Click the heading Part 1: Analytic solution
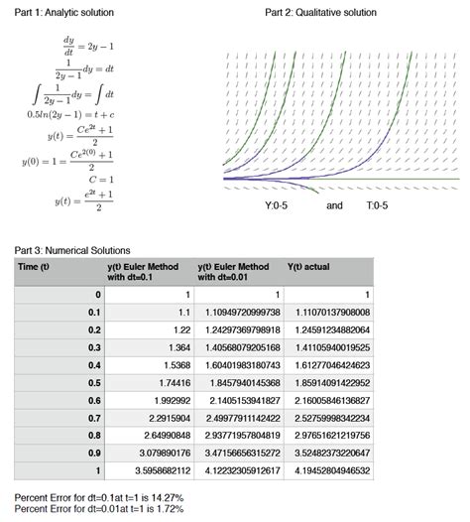tap(62, 12)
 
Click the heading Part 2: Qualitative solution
tap(321, 12)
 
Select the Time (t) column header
tap(34, 267)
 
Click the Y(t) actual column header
tap(308, 267)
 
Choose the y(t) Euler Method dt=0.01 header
tap(233, 272)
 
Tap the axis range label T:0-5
tap(377, 205)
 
